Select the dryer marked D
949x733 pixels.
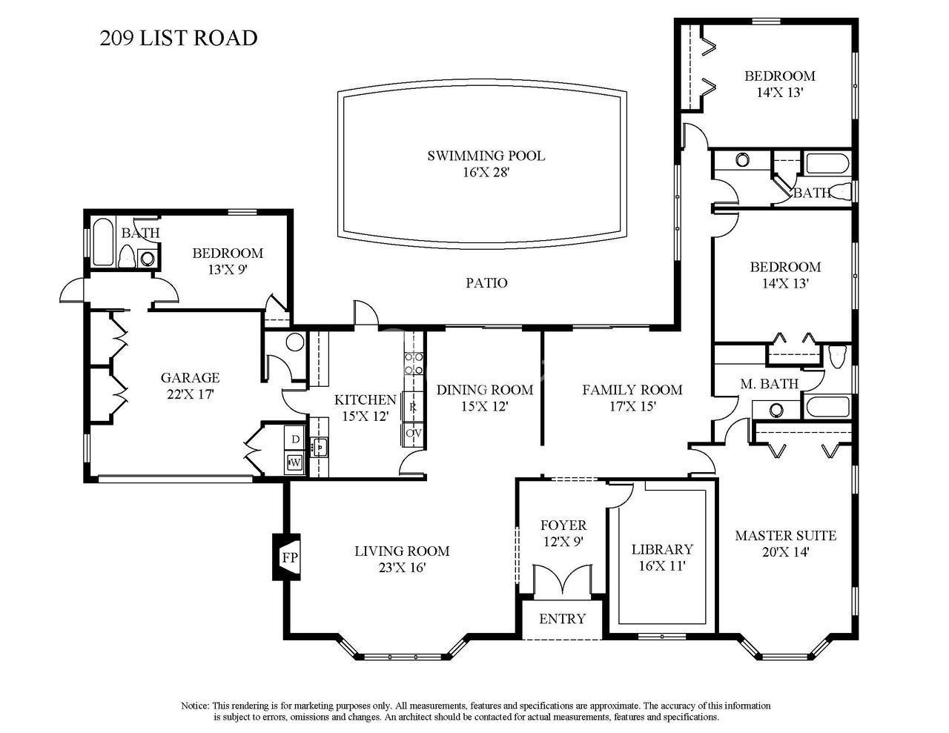tap(295, 439)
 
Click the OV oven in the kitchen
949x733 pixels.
tap(413, 434)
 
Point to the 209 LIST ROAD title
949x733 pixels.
tap(178, 38)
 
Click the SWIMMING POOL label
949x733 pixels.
tap(486, 156)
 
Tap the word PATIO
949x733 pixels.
tap(486, 283)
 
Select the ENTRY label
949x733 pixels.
tap(562, 619)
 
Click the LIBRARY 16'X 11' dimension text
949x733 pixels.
tap(661, 566)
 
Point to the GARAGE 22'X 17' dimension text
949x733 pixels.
tap(190, 394)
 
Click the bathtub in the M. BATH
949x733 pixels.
tap(827, 407)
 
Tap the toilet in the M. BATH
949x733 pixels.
tap(837, 356)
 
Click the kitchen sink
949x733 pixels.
tap(320, 447)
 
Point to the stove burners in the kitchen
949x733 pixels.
tap(413, 364)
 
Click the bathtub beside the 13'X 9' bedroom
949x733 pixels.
tap(104, 241)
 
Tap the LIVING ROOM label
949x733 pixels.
tap(402, 551)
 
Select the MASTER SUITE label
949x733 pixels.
tap(785, 536)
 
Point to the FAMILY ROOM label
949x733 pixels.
tap(632, 389)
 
